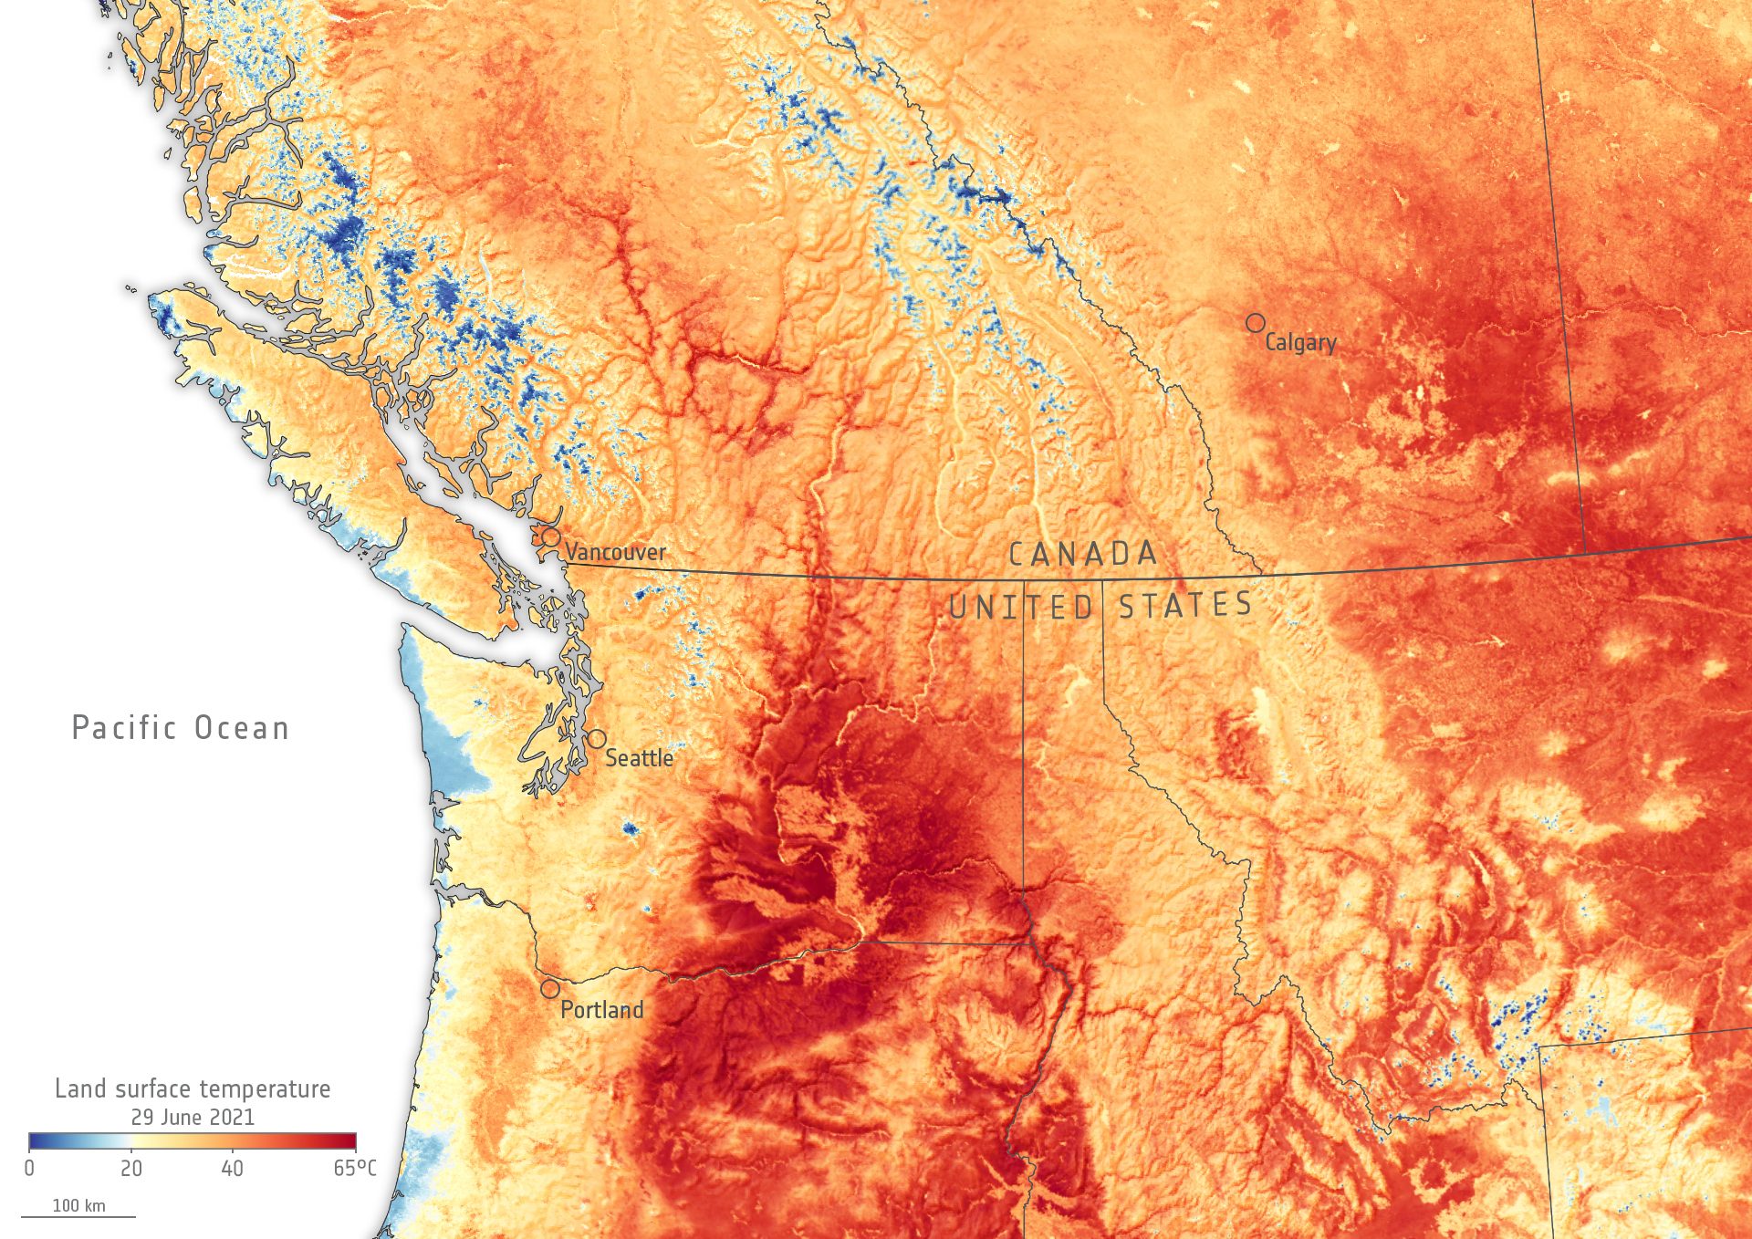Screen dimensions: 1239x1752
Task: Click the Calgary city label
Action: coord(1300,343)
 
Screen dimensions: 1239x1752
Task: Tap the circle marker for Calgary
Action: coord(1256,323)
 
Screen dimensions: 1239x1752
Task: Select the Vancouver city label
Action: coord(615,552)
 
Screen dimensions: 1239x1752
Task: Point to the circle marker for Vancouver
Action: coord(551,536)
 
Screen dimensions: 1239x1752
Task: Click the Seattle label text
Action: coord(639,758)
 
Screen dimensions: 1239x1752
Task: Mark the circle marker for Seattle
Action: coord(596,738)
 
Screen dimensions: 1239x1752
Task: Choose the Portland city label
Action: coord(601,1010)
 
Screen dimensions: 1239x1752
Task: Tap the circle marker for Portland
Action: coord(549,989)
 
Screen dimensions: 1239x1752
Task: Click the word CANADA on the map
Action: coord(1083,554)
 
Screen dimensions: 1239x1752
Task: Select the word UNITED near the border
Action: coord(1021,608)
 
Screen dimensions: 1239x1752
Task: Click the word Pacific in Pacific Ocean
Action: coord(124,728)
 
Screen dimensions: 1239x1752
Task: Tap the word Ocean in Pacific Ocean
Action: coord(242,728)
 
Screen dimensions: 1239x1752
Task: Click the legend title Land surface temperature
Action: coord(193,1088)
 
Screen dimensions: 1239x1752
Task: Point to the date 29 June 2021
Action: coord(193,1117)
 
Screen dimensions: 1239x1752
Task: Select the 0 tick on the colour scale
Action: coord(30,1169)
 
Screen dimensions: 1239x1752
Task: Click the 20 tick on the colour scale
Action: coord(131,1169)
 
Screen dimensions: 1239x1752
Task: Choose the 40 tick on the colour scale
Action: coord(232,1169)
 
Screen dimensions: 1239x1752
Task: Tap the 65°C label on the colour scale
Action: coord(354,1169)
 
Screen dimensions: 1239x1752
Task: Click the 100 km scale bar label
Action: coord(78,1206)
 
